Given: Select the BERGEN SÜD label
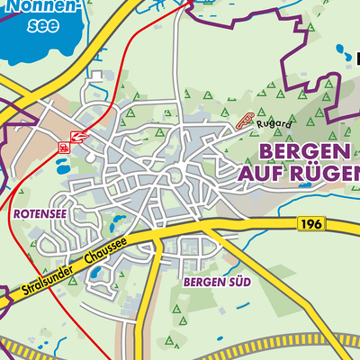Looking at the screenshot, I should coord(216,283).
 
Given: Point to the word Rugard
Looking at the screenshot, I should coord(272,124).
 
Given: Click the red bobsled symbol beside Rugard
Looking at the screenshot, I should coord(244,121).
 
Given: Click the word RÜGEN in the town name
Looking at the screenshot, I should coord(327,172).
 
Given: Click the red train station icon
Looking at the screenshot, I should coord(79,136).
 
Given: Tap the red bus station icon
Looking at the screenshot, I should coord(64,146).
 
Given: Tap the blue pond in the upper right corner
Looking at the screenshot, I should coord(350,56).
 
